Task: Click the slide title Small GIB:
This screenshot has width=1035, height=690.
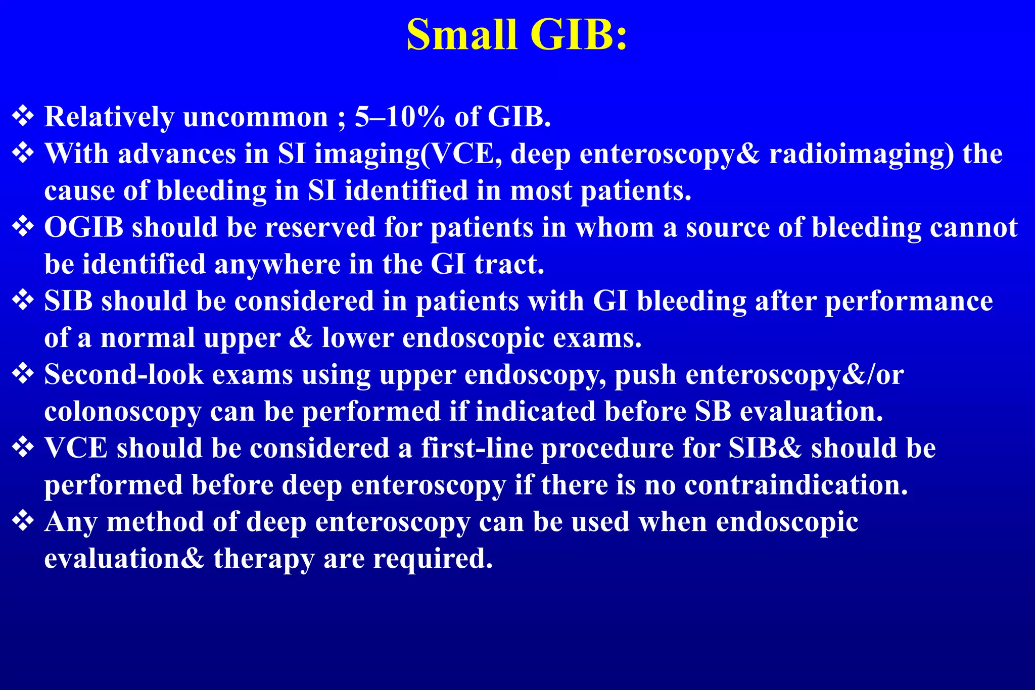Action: coord(516,34)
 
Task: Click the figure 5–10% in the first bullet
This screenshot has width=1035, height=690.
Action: coord(399,117)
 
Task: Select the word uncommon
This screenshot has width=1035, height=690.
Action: coord(255,117)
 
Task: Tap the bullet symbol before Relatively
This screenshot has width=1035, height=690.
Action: coord(23,116)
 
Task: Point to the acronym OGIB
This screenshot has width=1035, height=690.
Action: coord(84,227)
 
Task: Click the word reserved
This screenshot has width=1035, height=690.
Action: coord(320,227)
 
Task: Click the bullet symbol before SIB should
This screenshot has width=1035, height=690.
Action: coord(23,300)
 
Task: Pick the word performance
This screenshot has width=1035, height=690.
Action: coord(909,301)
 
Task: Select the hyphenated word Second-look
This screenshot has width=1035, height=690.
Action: coord(124,375)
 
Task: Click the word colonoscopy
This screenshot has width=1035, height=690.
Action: coord(122,412)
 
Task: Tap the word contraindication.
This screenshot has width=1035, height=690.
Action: coord(796,485)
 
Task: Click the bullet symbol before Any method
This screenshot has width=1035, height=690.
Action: coord(23,521)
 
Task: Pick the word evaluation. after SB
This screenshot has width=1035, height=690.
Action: coord(812,411)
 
